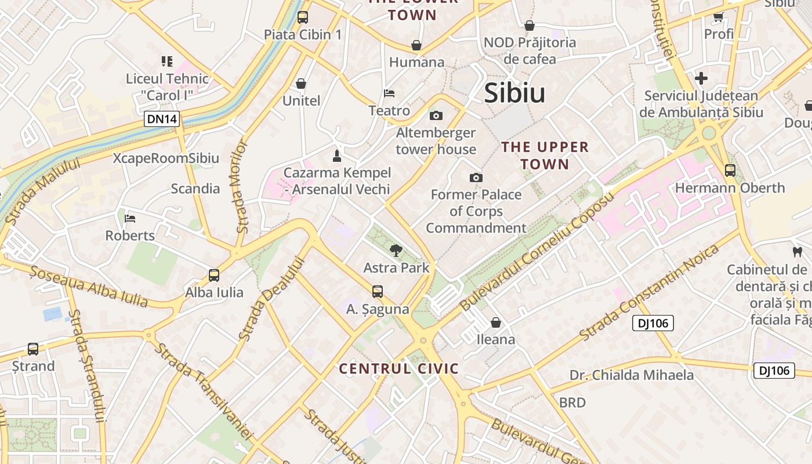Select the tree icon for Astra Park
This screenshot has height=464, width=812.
click(x=397, y=251)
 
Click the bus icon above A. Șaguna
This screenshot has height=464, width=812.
click(x=378, y=291)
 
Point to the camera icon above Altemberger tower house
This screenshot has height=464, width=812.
click(x=436, y=115)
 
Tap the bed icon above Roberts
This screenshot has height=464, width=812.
click(x=130, y=219)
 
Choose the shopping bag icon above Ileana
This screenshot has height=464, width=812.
click(x=496, y=322)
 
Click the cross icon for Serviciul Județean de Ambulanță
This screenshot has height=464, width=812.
click(x=701, y=78)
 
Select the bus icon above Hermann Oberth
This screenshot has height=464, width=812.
click(x=730, y=171)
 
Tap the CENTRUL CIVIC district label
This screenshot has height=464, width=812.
click(x=399, y=368)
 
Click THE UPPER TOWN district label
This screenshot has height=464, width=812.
click(x=545, y=155)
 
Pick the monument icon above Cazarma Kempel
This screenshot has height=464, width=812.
click(x=336, y=155)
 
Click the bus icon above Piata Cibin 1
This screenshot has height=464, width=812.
click(x=303, y=17)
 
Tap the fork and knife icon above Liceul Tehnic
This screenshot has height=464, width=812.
click(x=167, y=61)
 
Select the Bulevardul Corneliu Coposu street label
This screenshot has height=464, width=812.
click(x=536, y=252)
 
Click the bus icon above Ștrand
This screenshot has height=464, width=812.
click(x=33, y=349)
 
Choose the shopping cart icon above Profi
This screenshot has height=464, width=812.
click(x=719, y=17)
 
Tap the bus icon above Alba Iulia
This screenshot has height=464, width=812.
click(x=214, y=275)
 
